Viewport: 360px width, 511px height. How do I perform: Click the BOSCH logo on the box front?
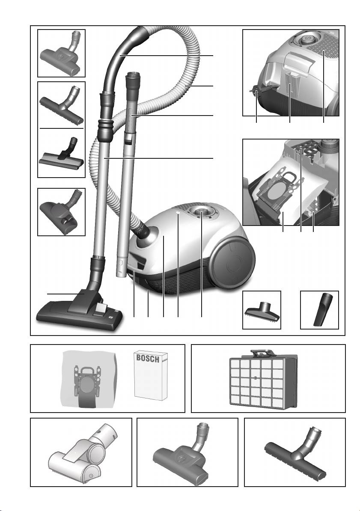148,358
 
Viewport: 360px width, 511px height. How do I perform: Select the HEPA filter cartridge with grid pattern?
264,379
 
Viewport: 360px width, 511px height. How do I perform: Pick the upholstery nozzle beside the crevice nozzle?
262,311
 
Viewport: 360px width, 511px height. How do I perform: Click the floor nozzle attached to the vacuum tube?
80,308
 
